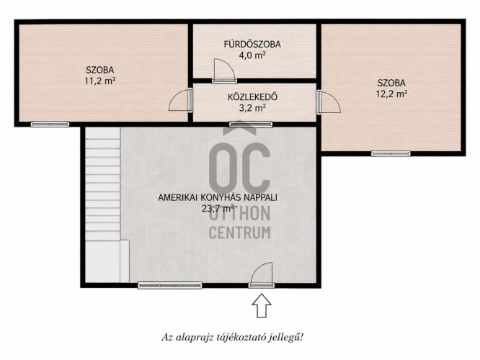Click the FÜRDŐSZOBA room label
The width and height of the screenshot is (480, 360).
(x=252, y=45)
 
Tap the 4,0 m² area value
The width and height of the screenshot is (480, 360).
(x=252, y=55)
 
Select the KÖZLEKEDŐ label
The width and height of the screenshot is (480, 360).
(x=252, y=97)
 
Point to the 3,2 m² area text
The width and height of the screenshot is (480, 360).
(x=252, y=108)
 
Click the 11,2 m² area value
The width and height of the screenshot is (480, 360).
(x=99, y=81)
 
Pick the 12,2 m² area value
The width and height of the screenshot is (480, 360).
(x=391, y=94)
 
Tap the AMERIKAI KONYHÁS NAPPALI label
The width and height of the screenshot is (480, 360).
(x=218, y=197)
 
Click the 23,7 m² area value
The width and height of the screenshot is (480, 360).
(x=218, y=208)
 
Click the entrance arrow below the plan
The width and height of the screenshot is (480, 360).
(x=262, y=305)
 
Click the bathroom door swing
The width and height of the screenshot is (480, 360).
(x=224, y=71)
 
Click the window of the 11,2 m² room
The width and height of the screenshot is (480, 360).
(x=50, y=124)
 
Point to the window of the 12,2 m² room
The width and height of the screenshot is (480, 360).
(x=391, y=153)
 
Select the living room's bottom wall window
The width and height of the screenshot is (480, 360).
(x=170, y=285)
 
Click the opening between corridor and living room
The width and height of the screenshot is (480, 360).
(x=251, y=124)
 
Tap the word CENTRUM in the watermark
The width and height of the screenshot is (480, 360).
(x=240, y=233)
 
